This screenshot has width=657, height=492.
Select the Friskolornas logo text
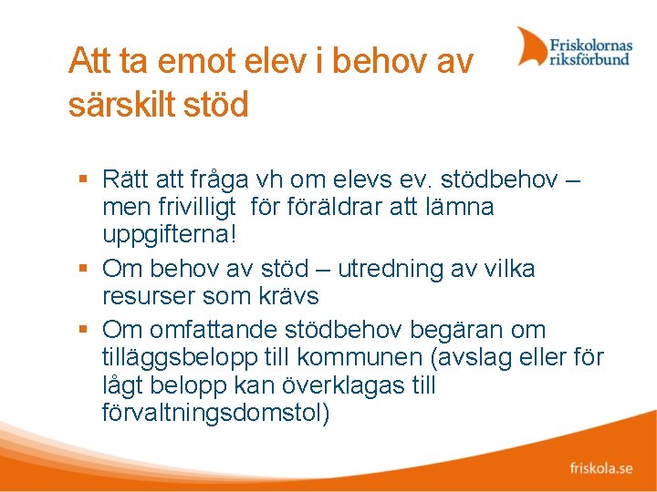(589, 43)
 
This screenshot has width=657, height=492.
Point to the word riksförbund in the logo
(589, 59)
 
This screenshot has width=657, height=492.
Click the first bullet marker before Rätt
(83, 177)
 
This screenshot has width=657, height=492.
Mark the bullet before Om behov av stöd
(83, 270)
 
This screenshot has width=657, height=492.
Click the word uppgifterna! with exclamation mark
(170, 236)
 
